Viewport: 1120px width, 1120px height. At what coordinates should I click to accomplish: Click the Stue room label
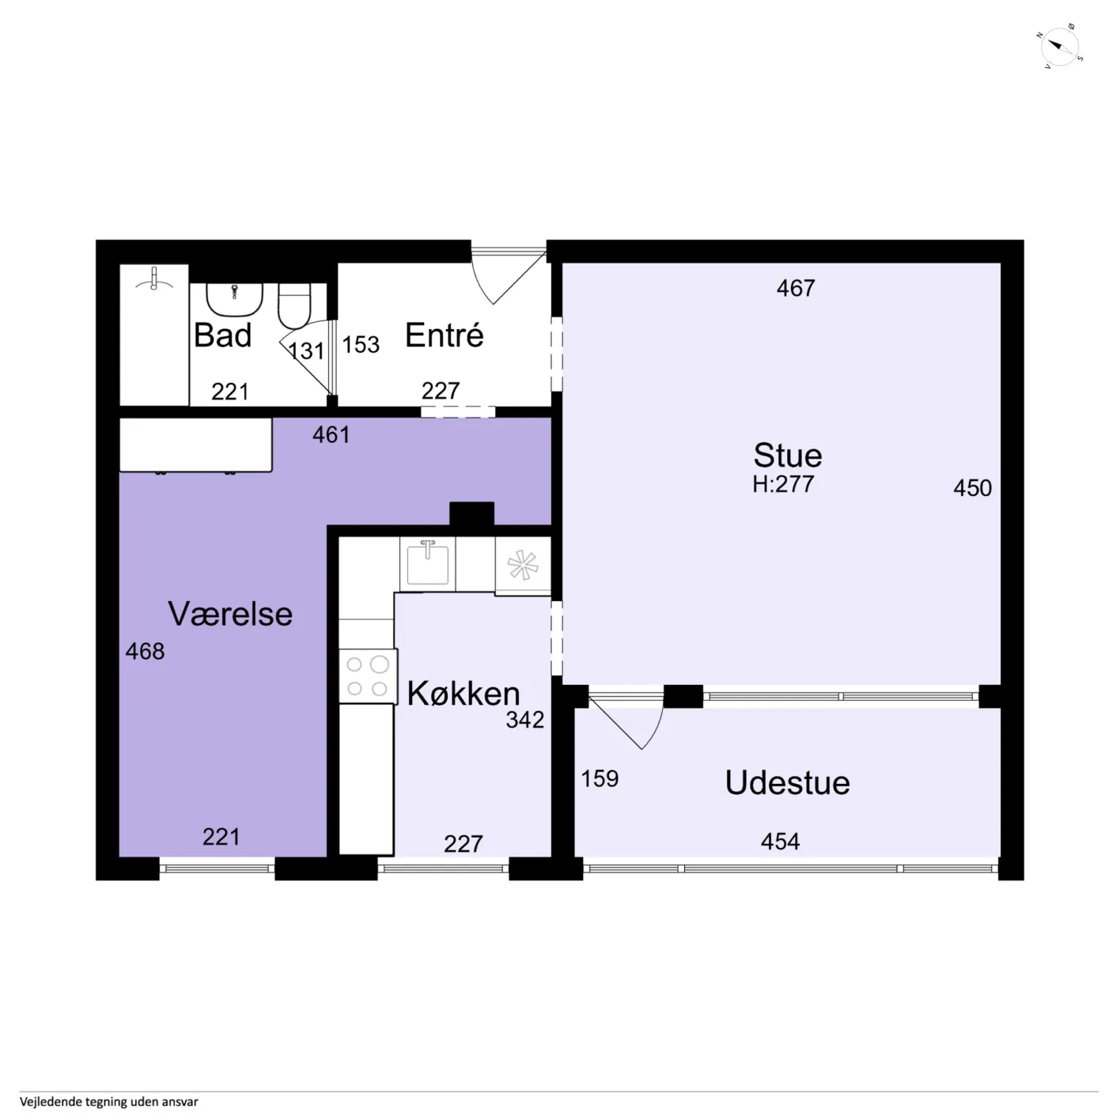(x=788, y=455)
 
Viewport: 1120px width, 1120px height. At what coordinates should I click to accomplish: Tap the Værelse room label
(x=230, y=614)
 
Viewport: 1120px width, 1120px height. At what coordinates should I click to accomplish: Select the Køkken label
(x=464, y=694)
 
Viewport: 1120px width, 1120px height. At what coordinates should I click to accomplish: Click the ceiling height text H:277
(x=783, y=484)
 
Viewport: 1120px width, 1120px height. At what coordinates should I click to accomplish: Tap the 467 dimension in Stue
(x=796, y=288)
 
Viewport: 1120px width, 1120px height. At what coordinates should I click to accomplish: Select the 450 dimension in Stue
(x=972, y=488)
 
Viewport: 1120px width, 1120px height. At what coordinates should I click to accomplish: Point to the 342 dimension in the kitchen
(x=525, y=720)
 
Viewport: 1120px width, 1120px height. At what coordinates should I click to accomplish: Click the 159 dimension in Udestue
(x=600, y=779)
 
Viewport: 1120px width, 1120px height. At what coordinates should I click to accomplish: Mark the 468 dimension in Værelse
(x=145, y=652)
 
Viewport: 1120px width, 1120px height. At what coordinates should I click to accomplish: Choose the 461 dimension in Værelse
(x=331, y=435)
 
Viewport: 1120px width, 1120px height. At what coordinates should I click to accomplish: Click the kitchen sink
(x=427, y=563)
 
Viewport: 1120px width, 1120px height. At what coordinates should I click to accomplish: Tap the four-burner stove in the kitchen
(x=367, y=676)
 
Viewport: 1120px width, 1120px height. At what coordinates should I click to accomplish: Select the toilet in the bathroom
(x=294, y=306)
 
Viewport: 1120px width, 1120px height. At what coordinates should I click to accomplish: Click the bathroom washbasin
(x=234, y=300)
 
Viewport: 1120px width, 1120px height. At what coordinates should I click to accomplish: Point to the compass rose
(x=1060, y=47)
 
